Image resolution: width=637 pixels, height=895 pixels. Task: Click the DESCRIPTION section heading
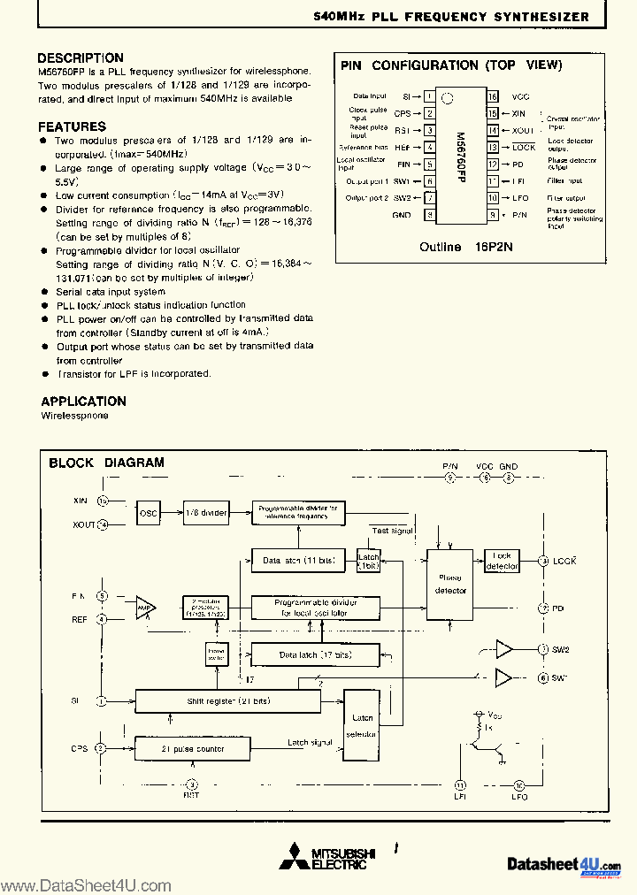pyautogui.click(x=81, y=58)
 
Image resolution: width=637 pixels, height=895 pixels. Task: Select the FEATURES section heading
pyautogui.click(x=72, y=126)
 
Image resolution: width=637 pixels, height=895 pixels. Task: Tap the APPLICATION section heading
pyautogui.click(x=83, y=401)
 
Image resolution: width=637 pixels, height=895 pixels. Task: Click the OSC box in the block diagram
pyautogui.click(x=148, y=513)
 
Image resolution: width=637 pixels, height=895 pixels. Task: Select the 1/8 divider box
pyautogui.click(x=206, y=513)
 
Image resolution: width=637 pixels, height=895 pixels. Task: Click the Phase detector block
pyautogui.click(x=450, y=585)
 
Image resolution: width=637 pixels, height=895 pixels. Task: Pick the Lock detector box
pyautogui.click(x=503, y=561)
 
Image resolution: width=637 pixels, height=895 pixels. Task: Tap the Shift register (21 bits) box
pyautogui.click(x=226, y=701)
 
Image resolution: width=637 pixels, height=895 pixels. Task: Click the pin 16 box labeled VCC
pyautogui.click(x=492, y=96)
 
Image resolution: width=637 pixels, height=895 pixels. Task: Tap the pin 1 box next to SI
pyautogui.click(x=428, y=96)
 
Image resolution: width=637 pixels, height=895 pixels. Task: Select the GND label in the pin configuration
pyautogui.click(x=401, y=215)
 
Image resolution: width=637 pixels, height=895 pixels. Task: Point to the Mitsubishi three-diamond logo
pyautogui.click(x=291, y=858)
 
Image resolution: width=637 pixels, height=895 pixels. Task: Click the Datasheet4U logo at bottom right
pyautogui.click(x=564, y=863)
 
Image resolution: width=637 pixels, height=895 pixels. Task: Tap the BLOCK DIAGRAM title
pyautogui.click(x=106, y=463)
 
